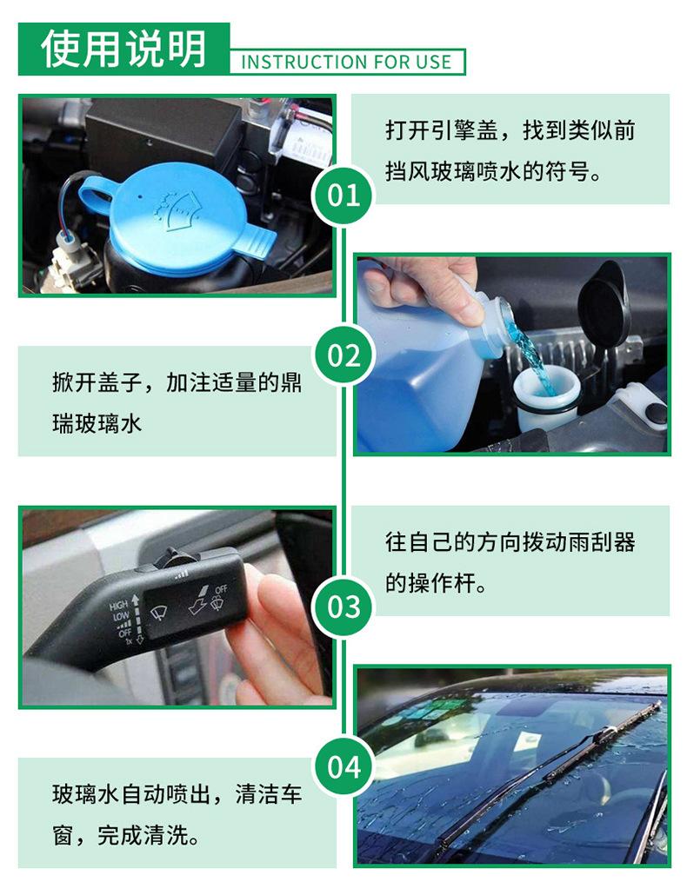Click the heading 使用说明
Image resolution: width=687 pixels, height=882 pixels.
[123, 49]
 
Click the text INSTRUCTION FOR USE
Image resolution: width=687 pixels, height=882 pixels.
[346, 62]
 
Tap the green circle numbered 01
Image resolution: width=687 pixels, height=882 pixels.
[343, 196]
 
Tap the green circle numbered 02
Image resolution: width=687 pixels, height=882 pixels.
[343, 355]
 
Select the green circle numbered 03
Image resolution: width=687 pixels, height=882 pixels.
[343, 607]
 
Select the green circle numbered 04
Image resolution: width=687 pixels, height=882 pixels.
[343, 766]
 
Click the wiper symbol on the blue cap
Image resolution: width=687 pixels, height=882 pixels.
[178, 211]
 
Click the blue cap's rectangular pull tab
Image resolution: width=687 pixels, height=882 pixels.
[257, 242]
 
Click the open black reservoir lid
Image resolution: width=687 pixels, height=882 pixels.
[604, 305]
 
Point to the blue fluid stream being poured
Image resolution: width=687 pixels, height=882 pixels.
[532, 360]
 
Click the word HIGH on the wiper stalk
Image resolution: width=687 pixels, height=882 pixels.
[119, 606]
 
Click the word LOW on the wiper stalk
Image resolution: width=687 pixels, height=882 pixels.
[121, 616]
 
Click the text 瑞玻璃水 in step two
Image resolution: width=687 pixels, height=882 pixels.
[97, 423]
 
